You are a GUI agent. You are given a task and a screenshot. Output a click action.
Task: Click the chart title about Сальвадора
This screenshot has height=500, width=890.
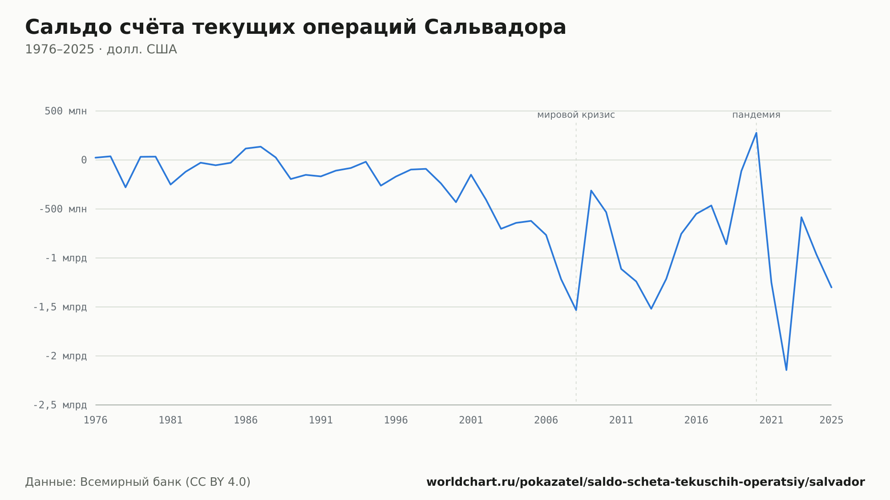295,28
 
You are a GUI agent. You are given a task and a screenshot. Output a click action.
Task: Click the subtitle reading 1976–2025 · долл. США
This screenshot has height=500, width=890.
101,49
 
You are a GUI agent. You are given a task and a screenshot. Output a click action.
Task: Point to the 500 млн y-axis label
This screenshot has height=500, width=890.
65,111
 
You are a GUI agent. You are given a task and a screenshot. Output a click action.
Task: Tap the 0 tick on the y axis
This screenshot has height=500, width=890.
84,160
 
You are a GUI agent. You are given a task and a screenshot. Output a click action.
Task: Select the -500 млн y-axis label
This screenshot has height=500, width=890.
63,209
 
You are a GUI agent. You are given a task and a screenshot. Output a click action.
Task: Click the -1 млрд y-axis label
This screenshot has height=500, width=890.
66,258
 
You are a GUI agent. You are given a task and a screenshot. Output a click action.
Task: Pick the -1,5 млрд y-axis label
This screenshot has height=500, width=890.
60,307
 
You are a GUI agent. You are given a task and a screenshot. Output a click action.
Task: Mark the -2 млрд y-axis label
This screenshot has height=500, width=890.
66,356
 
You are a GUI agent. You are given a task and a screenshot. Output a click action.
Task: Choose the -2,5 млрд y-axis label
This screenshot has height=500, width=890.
60,405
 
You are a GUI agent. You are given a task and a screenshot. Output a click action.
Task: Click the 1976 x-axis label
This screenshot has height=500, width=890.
96,420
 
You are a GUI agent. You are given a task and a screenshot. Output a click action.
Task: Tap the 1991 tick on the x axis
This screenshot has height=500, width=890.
321,420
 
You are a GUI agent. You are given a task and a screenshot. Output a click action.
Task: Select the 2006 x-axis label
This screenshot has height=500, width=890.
546,420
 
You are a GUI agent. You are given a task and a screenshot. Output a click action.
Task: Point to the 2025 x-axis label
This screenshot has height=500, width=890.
831,420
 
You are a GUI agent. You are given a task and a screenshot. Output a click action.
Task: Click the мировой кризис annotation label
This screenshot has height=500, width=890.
576,115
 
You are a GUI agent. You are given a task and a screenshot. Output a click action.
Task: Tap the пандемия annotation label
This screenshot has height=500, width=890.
756,115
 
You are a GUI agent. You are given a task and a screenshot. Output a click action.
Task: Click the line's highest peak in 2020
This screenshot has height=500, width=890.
756,133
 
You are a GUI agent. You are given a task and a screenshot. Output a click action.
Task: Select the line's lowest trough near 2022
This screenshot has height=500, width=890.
786,370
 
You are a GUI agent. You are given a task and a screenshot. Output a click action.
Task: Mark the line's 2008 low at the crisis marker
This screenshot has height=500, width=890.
576,310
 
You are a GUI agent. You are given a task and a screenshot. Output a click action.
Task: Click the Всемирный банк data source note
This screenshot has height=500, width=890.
138,482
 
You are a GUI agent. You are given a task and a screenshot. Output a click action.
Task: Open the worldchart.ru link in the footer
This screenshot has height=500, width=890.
646,482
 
